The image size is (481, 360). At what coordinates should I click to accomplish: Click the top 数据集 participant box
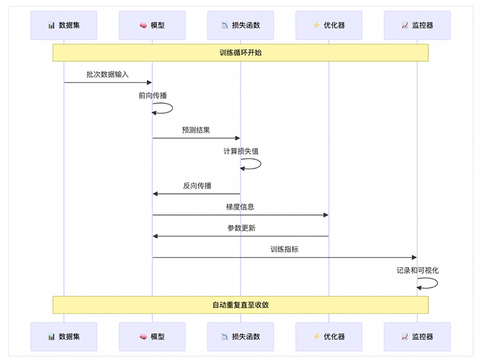pyautogui.click(x=64, y=25)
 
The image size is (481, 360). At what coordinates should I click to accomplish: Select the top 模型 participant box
pyautogui.click(x=152, y=25)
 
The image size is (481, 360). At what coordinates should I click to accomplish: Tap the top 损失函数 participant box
pyautogui.click(x=240, y=25)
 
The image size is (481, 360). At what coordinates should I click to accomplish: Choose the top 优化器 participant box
pyautogui.click(x=328, y=25)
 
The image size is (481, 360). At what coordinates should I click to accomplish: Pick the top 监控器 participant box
pyautogui.click(x=417, y=25)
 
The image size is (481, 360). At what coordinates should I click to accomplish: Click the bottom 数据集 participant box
pyautogui.click(x=64, y=336)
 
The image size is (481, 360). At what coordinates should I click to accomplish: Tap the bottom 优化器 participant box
pyautogui.click(x=328, y=336)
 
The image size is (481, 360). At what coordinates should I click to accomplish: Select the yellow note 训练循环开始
pyautogui.click(x=240, y=53)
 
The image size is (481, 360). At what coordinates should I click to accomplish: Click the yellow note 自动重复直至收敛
pyautogui.click(x=240, y=305)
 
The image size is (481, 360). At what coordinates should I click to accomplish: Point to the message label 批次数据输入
pyautogui.click(x=107, y=74)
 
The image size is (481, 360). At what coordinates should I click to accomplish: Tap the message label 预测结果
pyautogui.click(x=196, y=130)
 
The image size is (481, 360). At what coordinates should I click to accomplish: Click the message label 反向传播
pyautogui.click(x=197, y=186)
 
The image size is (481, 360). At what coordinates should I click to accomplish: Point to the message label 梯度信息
pyautogui.click(x=240, y=207)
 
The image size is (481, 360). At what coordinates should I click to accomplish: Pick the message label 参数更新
pyautogui.click(x=240, y=228)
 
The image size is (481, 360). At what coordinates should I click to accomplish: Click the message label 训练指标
pyautogui.click(x=284, y=249)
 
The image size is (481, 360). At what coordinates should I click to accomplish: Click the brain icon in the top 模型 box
pyautogui.click(x=143, y=25)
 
